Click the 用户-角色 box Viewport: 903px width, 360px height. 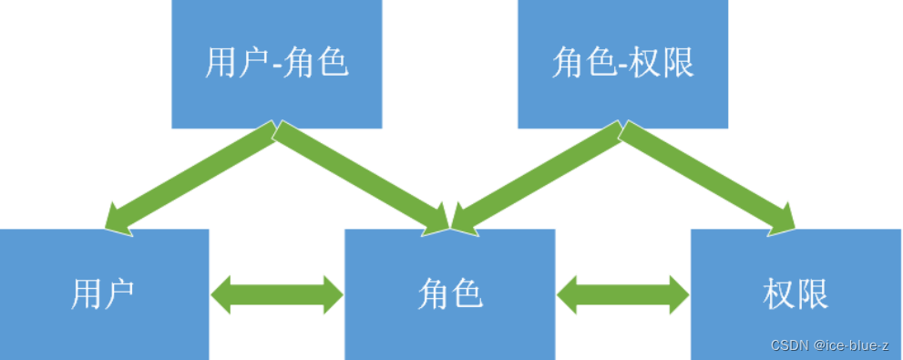(277, 64)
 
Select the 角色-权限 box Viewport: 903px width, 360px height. (623, 64)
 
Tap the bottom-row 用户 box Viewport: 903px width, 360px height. (104, 294)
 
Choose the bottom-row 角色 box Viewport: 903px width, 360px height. (449, 294)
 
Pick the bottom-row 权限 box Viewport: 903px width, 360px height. (795, 294)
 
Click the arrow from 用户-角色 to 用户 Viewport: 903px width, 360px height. (191, 179)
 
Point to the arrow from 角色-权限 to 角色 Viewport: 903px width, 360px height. (538, 179)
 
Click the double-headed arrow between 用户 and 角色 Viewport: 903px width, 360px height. (277, 294)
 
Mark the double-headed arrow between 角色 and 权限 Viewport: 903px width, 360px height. (623, 294)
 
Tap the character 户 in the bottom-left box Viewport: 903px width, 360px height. (120, 294)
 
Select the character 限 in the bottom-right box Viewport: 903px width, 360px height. (812, 294)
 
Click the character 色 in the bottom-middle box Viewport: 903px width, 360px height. (466, 294)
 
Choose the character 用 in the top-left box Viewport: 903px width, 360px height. (221, 64)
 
